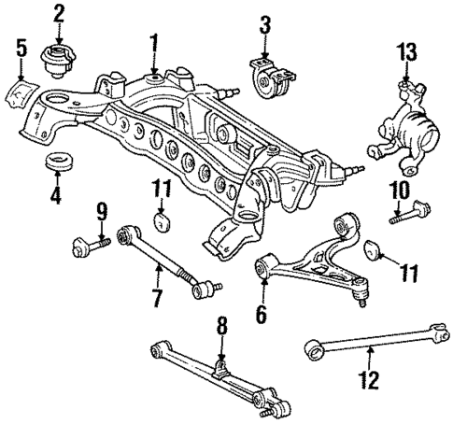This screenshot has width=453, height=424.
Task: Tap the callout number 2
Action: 60,14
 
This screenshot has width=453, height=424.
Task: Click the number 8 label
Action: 221,327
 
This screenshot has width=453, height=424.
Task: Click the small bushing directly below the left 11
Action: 163,222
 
